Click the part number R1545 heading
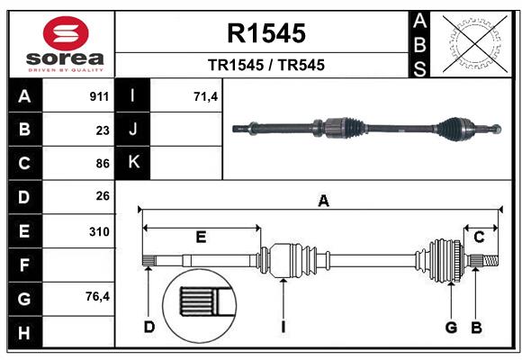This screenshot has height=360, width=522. [266, 33]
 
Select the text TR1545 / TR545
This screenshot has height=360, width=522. [266, 65]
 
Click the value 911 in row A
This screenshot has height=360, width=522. [99, 95]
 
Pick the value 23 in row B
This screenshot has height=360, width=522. [103, 130]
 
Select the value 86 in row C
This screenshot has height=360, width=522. [103, 164]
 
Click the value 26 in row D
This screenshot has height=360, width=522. [103, 196]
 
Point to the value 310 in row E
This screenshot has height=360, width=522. [99, 231]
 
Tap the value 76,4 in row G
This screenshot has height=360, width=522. [98, 297]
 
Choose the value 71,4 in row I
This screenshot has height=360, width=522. [206, 95]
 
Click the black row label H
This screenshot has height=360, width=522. [24, 333]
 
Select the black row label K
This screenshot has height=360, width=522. [133, 163]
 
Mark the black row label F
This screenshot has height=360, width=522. [24, 265]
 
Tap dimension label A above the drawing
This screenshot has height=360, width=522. [322, 202]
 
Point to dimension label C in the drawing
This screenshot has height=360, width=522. [480, 237]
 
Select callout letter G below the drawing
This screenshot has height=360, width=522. [451, 327]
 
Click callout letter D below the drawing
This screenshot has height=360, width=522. [148, 327]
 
